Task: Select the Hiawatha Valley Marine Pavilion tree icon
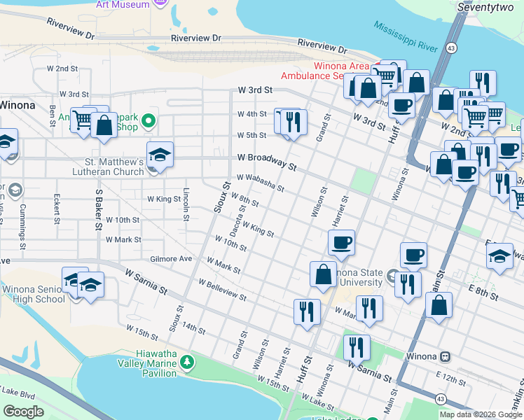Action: (x=186, y=362)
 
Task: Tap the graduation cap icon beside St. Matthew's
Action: (x=160, y=155)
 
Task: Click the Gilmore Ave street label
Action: (x=171, y=258)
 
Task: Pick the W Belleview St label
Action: (x=222, y=290)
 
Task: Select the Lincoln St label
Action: (x=186, y=204)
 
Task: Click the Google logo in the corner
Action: (x=23, y=412)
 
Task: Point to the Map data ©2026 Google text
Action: (x=481, y=414)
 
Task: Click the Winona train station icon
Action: (x=445, y=356)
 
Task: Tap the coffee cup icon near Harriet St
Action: (x=341, y=243)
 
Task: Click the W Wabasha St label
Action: (x=260, y=183)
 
